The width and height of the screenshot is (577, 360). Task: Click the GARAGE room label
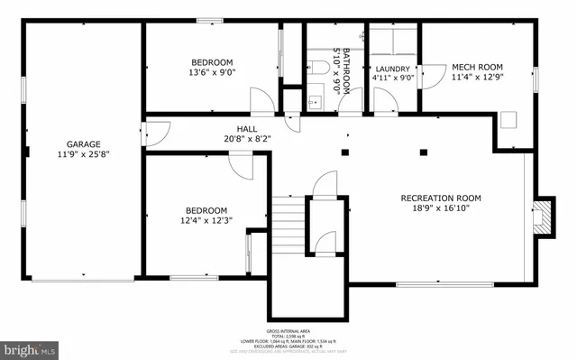(83, 144)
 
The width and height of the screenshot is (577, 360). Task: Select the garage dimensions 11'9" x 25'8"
(83, 155)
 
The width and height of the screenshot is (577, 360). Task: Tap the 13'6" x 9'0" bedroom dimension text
(212, 72)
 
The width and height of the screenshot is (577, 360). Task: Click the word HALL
(246, 129)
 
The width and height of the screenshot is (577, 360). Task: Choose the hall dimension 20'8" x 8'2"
(246, 139)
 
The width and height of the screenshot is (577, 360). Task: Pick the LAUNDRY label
(393, 69)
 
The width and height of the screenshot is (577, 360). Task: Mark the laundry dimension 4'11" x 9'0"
(393, 78)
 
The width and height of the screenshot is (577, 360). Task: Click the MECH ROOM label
(478, 67)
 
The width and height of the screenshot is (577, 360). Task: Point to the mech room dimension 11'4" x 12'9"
(478, 78)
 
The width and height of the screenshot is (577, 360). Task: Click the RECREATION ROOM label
(441, 198)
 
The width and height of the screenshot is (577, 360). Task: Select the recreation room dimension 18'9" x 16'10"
(441, 208)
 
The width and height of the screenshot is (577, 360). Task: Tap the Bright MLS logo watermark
(30, 346)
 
